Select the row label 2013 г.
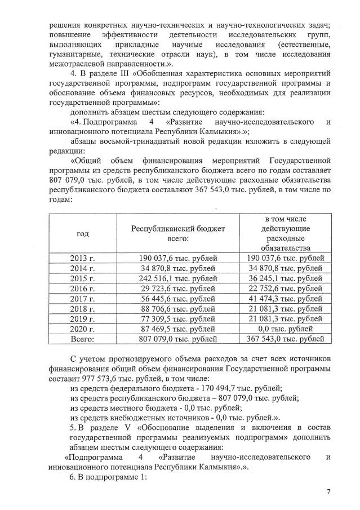click(x=82, y=258)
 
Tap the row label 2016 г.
click(x=82, y=289)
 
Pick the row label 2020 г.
click(x=82, y=329)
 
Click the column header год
click(x=82, y=233)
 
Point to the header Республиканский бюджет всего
click(x=178, y=233)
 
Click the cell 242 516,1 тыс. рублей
click(x=178, y=278)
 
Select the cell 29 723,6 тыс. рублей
click(x=178, y=289)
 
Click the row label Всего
click(x=82, y=339)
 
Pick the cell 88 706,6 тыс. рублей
click(x=178, y=309)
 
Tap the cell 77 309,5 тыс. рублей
click(x=178, y=319)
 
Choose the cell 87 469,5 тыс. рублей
click(x=178, y=329)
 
